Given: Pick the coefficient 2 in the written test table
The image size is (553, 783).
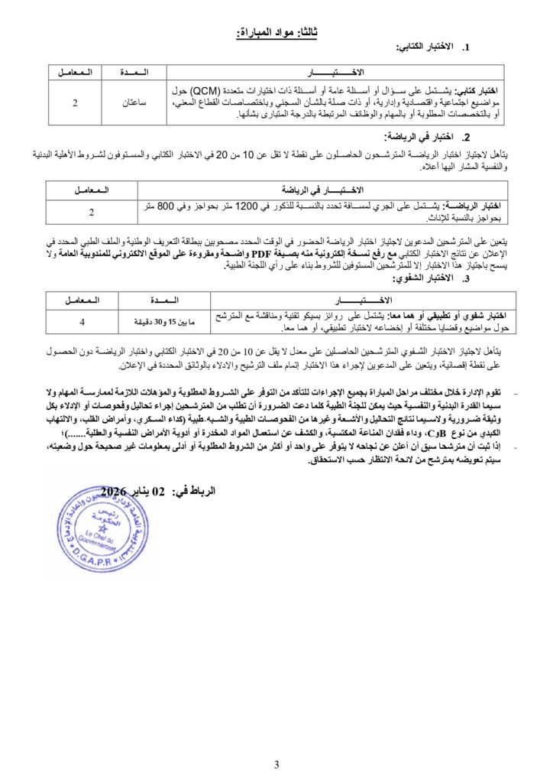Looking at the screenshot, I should click(74, 102).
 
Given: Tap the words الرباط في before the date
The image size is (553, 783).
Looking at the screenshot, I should click(196, 491).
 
